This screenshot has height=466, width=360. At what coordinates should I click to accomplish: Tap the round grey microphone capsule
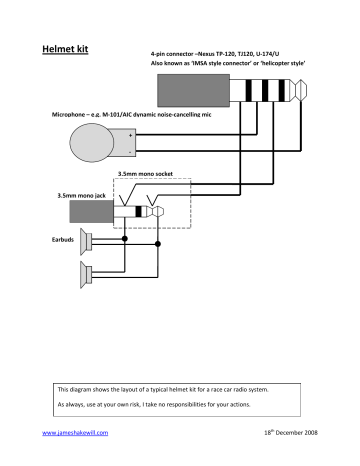(91, 143)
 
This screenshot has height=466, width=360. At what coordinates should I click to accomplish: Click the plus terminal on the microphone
(130, 134)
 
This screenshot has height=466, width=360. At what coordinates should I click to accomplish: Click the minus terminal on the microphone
(130, 153)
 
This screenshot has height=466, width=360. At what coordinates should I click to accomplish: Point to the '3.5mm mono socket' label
(145, 174)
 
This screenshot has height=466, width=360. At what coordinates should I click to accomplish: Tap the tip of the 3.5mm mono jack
(159, 212)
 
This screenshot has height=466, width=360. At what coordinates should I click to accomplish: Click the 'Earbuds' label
(62, 241)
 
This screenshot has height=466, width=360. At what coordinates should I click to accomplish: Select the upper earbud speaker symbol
(89, 242)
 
